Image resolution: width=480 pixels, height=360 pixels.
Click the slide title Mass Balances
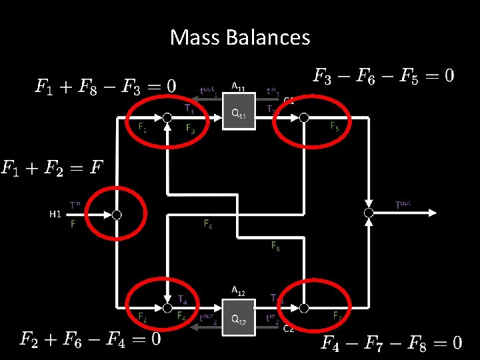240,37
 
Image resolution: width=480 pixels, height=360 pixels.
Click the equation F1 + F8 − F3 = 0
106,86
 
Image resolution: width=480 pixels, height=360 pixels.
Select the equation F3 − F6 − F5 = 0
383,75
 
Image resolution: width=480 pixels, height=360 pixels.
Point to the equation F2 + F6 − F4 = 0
90,339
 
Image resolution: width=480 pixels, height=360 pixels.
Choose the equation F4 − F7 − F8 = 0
391,343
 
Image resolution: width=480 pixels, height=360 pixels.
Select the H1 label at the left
55,215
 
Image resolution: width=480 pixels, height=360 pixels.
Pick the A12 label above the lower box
238,291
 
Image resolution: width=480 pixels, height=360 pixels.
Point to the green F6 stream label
208,225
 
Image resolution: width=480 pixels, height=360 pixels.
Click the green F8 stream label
275,247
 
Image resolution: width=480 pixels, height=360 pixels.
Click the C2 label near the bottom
289,328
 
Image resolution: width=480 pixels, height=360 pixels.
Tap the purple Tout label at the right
403,203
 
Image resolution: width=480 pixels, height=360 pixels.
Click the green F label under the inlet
73,225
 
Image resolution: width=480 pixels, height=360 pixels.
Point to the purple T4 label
182,300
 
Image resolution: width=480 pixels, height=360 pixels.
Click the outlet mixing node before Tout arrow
368,213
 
